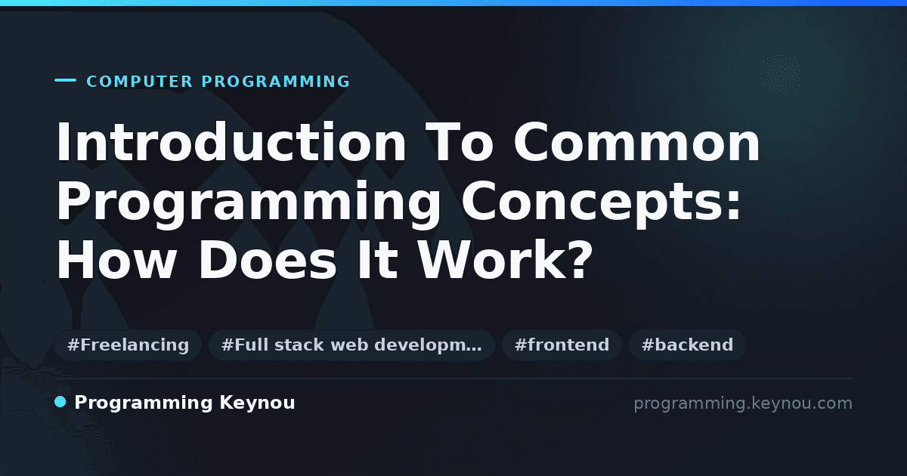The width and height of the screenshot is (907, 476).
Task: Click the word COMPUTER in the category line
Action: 140,82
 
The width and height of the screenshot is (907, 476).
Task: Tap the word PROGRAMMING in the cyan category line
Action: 276,82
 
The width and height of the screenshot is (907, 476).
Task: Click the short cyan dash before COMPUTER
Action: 65,80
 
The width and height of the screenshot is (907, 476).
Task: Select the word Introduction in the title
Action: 231,142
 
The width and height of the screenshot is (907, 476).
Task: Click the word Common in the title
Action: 637,142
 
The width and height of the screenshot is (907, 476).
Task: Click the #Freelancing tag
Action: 128,345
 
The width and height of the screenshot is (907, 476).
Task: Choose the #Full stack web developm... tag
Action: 351,345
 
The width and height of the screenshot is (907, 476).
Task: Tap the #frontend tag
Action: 562,345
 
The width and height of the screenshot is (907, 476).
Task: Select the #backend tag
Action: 687,345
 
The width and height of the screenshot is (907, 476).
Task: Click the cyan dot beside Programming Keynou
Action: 60,402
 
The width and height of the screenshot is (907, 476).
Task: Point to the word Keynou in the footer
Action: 257,403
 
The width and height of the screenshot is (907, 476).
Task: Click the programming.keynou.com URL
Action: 743,404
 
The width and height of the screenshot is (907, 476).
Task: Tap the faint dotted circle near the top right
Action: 782,75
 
